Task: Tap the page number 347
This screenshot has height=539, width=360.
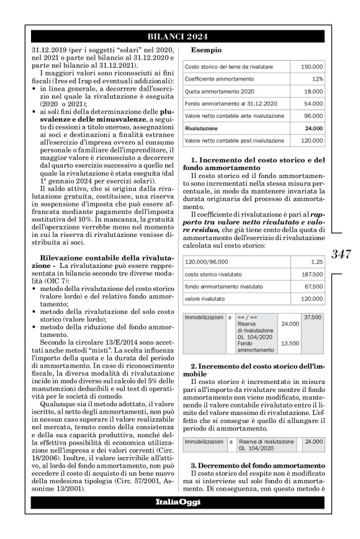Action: [341, 253]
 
